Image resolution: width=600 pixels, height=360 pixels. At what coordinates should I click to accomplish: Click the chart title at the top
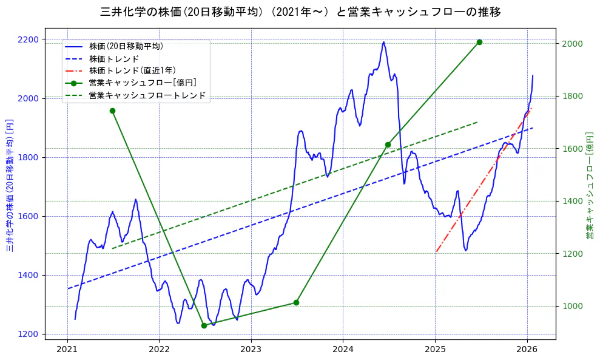(x=300, y=12)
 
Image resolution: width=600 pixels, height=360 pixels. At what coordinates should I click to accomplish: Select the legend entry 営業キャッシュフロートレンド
(x=147, y=95)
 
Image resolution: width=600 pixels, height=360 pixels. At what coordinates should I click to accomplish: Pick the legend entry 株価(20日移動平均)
(x=126, y=46)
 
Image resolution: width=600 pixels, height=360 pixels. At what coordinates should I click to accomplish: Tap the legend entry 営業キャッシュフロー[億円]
(x=142, y=83)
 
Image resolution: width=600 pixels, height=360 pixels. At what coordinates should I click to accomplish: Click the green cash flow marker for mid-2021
(x=112, y=110)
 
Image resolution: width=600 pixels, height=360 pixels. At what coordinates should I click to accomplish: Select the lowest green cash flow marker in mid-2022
(x=204, y=325)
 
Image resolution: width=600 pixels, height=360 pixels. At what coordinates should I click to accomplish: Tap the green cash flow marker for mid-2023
(x=296, y=302)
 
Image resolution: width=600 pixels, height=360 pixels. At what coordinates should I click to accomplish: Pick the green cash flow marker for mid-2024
(x=388, y=144)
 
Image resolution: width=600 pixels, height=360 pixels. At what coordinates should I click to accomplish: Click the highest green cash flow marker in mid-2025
(x=479, y=42)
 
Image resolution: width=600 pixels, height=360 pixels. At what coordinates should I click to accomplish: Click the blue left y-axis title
(x=10, y=185)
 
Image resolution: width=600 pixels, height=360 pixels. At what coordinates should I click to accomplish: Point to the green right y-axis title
(x=589, y=185)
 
